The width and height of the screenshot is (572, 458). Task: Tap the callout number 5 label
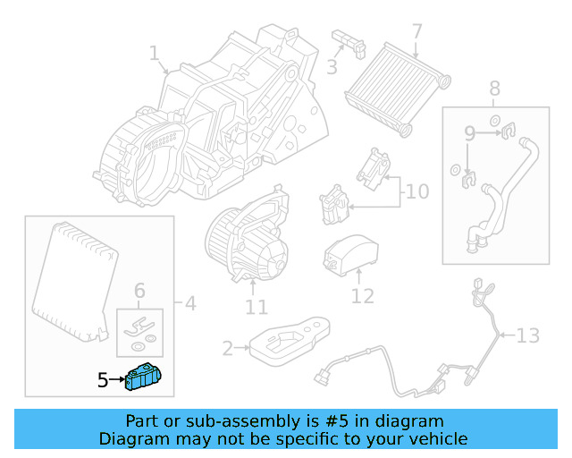coord(103,381)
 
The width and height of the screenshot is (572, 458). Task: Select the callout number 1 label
coord(155,53)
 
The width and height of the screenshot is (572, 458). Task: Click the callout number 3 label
coord(332,67)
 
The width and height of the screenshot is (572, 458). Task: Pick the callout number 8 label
coord(494,89)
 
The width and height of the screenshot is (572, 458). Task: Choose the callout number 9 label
coord(469,135)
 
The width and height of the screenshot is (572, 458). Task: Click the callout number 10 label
coord(417,192)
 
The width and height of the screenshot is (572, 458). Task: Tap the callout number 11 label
coord(257,309)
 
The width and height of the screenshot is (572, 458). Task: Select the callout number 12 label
coord(362,295)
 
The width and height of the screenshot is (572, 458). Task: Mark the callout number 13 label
coord(528,336)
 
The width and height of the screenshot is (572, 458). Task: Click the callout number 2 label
coord(227,348)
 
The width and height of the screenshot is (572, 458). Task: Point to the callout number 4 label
coord(189,304)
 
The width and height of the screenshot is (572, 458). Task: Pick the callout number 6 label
coord(139,290)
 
